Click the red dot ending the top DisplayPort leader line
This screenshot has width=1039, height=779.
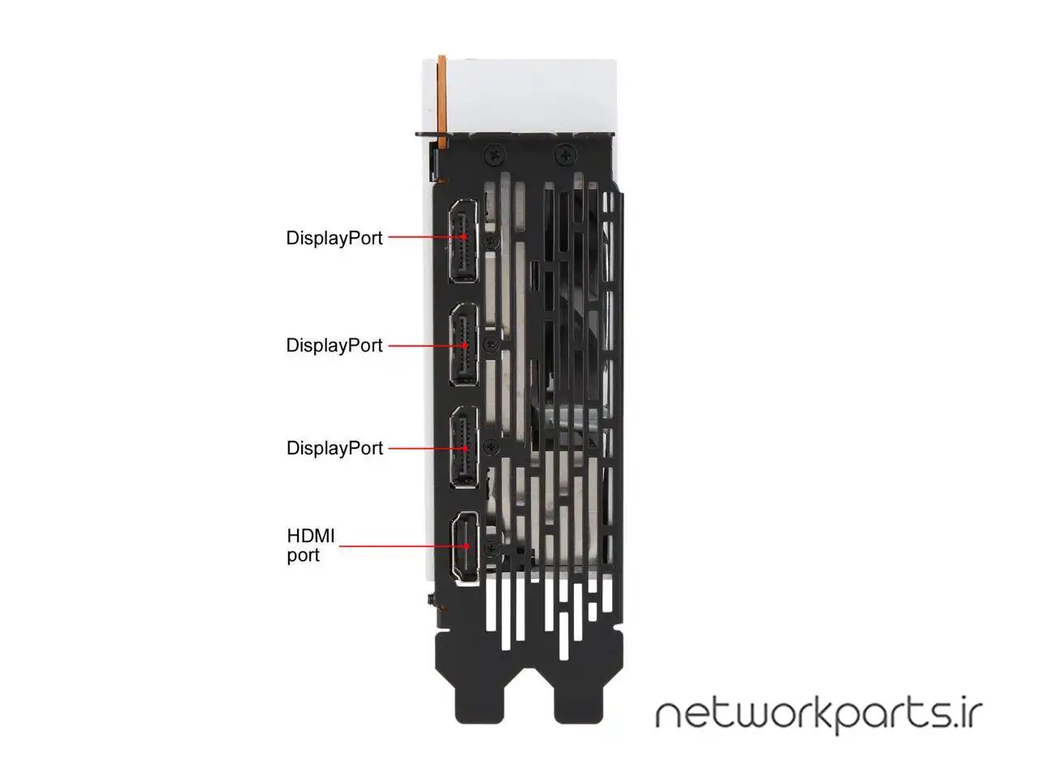point(463,236)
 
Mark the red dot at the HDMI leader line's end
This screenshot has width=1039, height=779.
point(466,546)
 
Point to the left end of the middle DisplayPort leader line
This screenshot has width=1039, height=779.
point(389,346)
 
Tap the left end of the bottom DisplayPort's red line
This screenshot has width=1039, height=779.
point(389,449)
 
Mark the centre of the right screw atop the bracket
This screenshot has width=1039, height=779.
point(565,154)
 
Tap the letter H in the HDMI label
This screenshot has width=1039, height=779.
point(294,536)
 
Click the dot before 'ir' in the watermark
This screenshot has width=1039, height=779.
point(959,724)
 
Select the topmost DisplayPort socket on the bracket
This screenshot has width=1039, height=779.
point(463,241)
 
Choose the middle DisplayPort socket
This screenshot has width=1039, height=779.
point(464,344)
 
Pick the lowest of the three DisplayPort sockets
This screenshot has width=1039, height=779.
point(464,447)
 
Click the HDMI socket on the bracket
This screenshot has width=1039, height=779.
point(466,549)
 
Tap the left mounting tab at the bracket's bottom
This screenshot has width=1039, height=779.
point(479,695)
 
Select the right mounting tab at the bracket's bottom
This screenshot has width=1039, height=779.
point(579,695)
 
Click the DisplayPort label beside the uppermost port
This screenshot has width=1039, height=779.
point(334,239)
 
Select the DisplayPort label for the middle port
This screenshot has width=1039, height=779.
point(334,346)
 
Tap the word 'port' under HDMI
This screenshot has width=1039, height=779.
point(303,555)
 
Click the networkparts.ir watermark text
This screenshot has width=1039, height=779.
point(819,716)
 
